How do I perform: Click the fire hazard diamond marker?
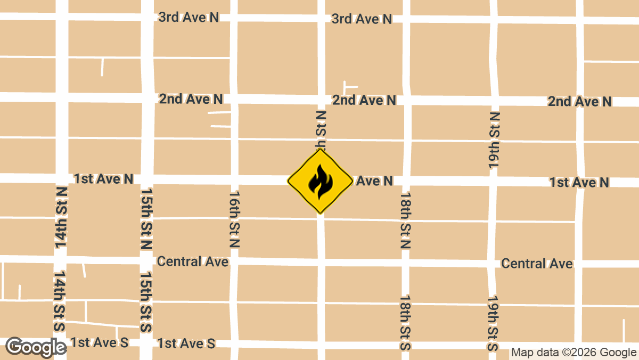pyautogui.click(x=320, y=181)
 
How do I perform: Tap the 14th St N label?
pyautogui.click(x=61, y=217)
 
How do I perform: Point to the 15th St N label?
pyautogui.click(x=147, y=218)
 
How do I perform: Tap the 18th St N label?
pyautogui.click(x=406, y=220)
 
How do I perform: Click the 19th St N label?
pyautogui.click(x=495, y=141)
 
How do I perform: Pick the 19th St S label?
pyautogui.click(x=493, y=324)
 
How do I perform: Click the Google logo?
pyautogui.click(x=36, y=347)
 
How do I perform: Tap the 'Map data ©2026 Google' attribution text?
pyautogui.click(x=574, y=353)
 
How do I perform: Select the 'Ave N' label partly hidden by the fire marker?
pyautogui.click(x=375, y=181)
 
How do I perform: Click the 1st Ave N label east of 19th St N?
pyautogui.click(x=579, y=183)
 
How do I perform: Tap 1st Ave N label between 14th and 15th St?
pyautogui.click(x=104, y=179)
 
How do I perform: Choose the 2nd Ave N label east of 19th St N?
pyautogui.click(x=580, y=102)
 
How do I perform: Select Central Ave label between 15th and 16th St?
pyautogui.click(x=193, y=261)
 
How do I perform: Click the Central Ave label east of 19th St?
pyautogui.click(x=537, y=264)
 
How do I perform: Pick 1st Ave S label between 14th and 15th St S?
pyautogui.click(x=100, y=342)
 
